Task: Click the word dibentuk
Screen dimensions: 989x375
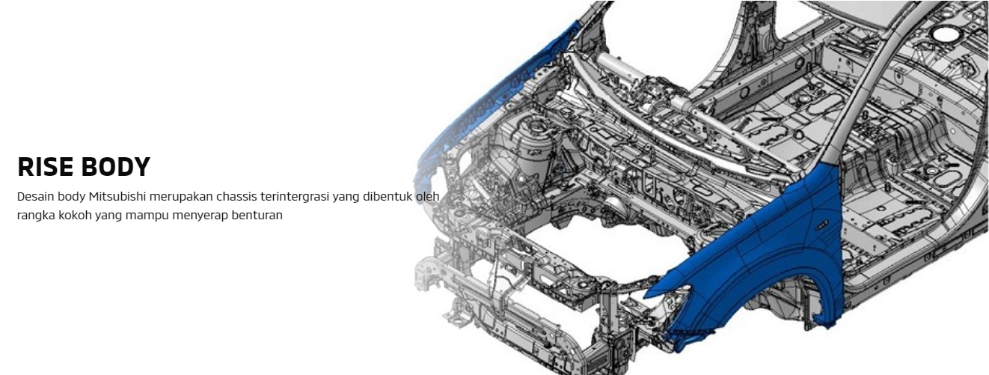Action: tap(388, 197)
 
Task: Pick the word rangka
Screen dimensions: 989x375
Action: tap(36, 216)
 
